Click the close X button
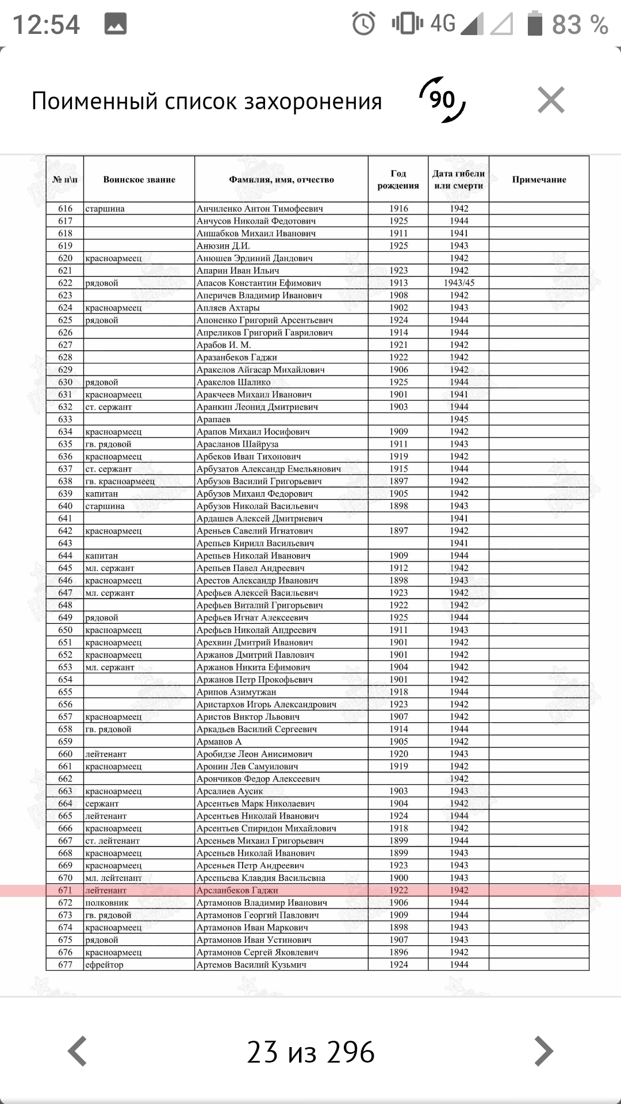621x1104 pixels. coord(551,100)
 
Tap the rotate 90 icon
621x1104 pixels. coord(442,100)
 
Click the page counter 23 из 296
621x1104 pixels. coord(310,1052)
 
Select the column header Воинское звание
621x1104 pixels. coord(139,179)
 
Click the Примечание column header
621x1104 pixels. coord(539,179)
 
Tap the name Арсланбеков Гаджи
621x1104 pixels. coord(237,890)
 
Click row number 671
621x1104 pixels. coord(65,890)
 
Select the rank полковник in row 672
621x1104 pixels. coord(107,903)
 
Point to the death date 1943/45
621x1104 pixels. coord(459,283)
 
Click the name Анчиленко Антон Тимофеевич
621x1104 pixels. coord(259,209)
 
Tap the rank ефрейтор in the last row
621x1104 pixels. coord(104,965)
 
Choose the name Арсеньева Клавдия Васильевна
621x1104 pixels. coord(260,878)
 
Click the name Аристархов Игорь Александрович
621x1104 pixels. coord(266,704)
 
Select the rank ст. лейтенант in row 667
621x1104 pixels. coord(113,841)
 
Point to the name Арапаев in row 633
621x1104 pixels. coord(213,419)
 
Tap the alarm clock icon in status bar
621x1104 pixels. coord(363,24)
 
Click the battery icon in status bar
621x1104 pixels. coord(535,24)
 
